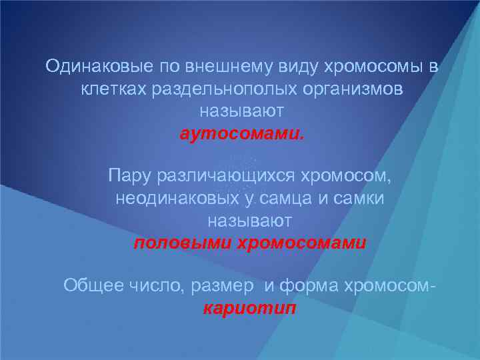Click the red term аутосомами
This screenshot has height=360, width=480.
(241, 133)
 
